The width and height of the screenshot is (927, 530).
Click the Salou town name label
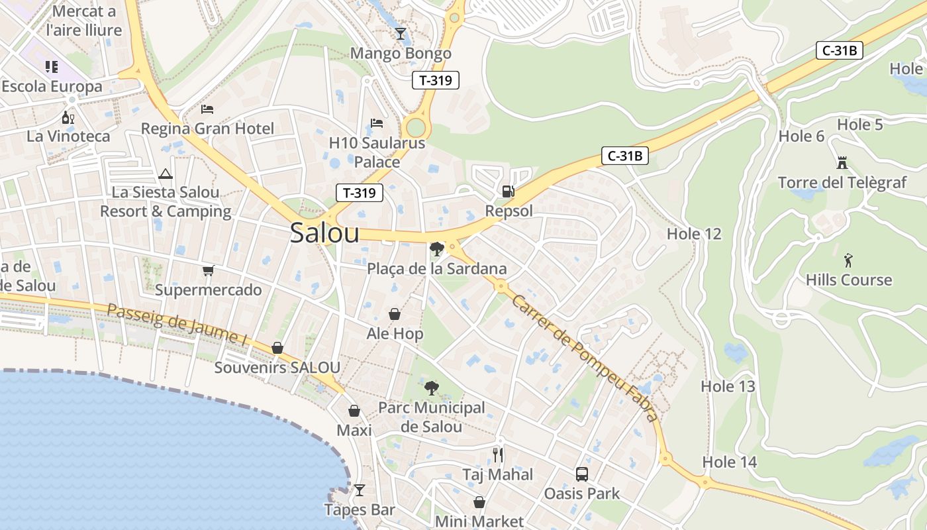pos(324,233)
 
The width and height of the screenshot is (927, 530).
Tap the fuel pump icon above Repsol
pos(508,191)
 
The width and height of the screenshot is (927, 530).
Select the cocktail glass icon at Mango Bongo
pos(400,33)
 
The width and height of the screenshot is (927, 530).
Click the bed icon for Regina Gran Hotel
pos(207,109)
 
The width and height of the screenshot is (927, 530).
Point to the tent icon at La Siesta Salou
pos(166,174)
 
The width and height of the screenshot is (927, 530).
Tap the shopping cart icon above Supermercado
pos(208,270)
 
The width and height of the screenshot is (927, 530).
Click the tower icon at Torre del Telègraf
pos(842,162)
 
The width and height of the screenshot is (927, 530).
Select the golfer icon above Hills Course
pos(848,260)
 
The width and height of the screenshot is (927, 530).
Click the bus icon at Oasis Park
pos(581,474)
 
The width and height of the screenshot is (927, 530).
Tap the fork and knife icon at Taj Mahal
pos(498,455)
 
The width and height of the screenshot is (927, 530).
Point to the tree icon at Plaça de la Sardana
pos(436,249)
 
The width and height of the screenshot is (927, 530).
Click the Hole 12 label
pos(693,234)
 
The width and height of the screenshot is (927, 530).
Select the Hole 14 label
pos(729,462)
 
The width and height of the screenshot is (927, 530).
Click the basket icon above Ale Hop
pos(394,314)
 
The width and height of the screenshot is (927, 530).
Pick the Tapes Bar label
pos(359,509)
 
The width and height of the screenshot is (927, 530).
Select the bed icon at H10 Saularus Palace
pos(377,123)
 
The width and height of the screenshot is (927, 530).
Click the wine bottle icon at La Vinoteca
pos(68,118)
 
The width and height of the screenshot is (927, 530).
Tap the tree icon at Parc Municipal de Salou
pos(431,388)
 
